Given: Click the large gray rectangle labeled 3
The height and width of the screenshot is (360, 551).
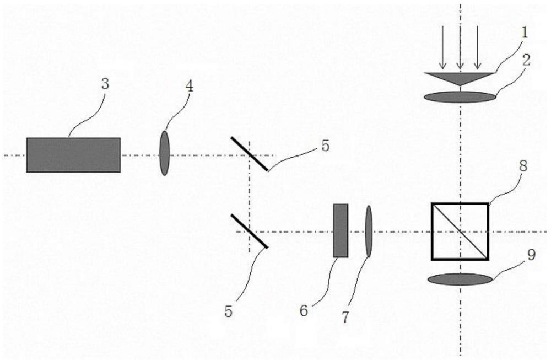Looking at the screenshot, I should pos(73,155).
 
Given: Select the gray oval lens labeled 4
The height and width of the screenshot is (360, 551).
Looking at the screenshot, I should pos(164,153).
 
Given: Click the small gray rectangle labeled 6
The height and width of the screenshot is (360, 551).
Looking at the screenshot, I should pos(341,230).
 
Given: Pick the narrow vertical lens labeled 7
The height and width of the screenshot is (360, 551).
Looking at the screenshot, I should pos(369,230).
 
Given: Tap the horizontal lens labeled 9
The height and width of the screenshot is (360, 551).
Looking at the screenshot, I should pos(460,280).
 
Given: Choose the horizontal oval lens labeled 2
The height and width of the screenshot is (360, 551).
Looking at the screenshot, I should pos(460,97).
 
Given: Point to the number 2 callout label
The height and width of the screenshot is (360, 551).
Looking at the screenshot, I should pos(527,60).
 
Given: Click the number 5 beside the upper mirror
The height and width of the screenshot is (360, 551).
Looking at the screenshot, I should pos(326,146).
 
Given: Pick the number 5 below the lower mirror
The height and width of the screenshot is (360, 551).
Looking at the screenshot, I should pos(229,311).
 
